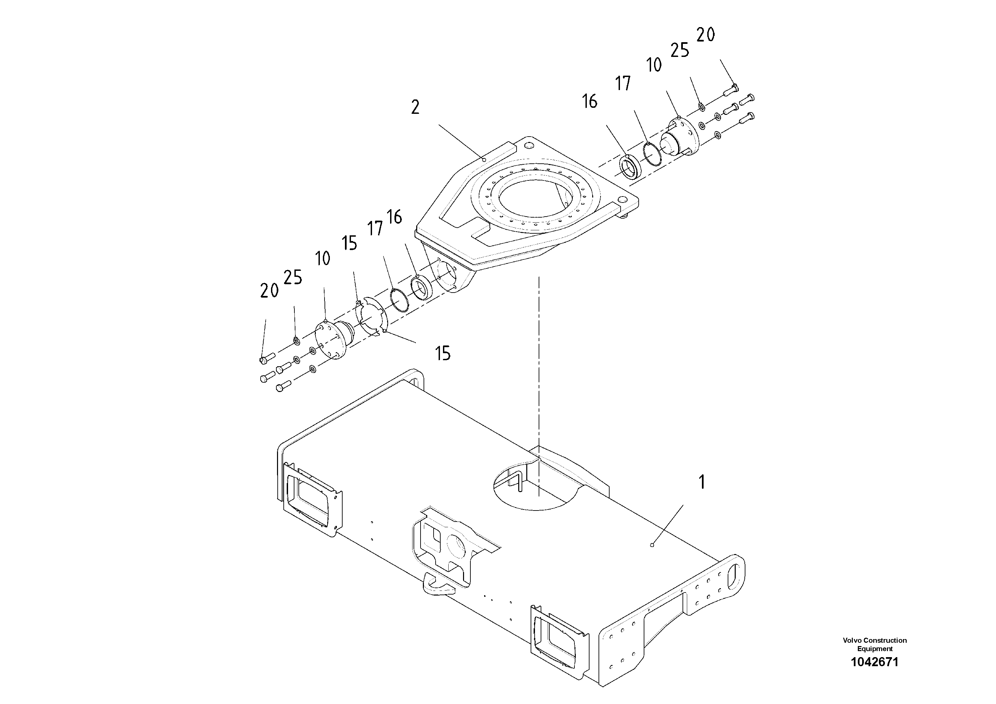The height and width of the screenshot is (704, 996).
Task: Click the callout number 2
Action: [415, 107]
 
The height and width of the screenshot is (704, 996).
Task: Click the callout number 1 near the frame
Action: [702, 482]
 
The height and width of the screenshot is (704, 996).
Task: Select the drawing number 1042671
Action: [875, 661]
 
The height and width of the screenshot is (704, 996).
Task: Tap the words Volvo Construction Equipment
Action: [875, 644]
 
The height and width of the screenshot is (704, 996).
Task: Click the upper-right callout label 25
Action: [679, 50]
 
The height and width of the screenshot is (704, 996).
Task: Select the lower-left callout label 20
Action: [269, 291]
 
